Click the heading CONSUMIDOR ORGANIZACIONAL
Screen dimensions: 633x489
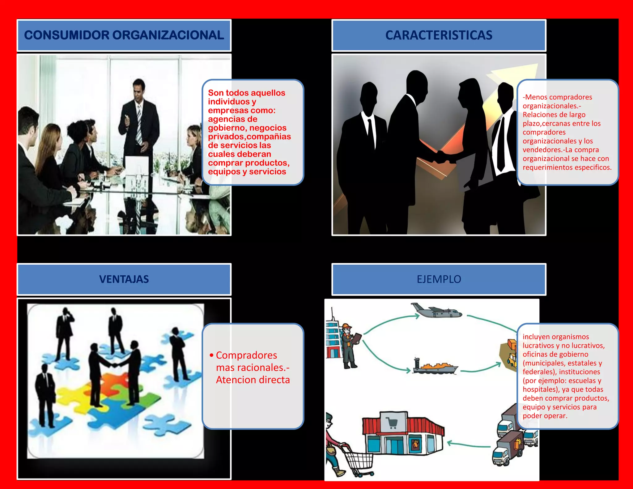pyautogui.click(x=124, y=35)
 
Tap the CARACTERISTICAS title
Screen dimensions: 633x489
pyautogui.click(x=439, y=35)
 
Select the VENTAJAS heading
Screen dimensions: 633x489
pyautogui.click(x=124, y=279)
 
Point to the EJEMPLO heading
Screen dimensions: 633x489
pyautogui.click(x=439, y=279)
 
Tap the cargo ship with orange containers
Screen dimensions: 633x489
pyautogui.click(x=435, y=366)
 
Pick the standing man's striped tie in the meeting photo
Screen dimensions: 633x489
pyautogui.click(x=139, y=125)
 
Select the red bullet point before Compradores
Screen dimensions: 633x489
pyautogui.click(x=211, y=355)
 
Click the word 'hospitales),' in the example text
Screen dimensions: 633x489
pyautogui.click(x=542, y=389)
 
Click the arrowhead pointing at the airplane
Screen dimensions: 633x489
pyautogui.click(x=417, y=316)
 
